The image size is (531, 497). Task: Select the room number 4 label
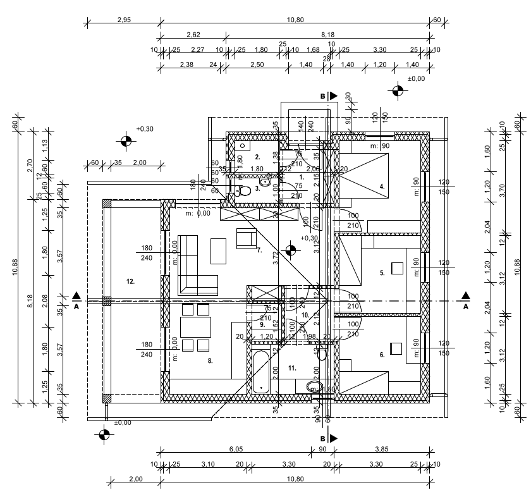(382, 186)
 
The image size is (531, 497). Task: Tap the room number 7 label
(259, 250)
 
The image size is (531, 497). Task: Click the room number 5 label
(382, 273)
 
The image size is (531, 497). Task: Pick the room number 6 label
(382, 355)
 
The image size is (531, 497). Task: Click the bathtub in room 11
(260, 373)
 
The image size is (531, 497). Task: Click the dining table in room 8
(195, 327)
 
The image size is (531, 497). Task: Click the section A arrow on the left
(76, 295)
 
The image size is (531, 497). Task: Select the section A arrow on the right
(466, 295)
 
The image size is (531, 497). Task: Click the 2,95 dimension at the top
(124, 20)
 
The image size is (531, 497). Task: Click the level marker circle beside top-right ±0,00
(397, 91)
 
